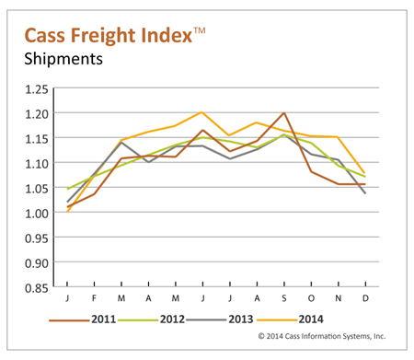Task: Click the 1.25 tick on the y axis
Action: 40,89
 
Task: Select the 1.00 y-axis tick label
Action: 40,214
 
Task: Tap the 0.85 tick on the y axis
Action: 40,287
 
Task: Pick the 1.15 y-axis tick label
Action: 40,139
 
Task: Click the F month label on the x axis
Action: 95,299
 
